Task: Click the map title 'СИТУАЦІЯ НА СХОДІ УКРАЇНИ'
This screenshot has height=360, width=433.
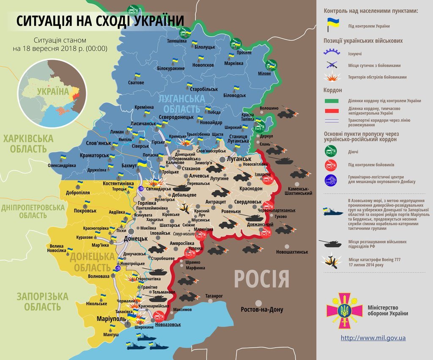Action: point(101,21)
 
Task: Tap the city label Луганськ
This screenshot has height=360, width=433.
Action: point(239,159)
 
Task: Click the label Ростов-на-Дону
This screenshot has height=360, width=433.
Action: point(262,310)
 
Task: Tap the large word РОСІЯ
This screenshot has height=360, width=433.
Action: point(262,279)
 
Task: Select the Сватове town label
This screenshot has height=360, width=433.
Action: point(136,82)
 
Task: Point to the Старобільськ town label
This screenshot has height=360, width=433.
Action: point(204,89)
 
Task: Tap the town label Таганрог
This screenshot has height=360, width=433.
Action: point(214,296)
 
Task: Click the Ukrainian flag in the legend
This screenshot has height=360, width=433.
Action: point(332,25)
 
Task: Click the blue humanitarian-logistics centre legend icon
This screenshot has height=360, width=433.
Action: point(331,179)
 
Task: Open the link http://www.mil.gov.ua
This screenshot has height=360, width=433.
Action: point(373,338)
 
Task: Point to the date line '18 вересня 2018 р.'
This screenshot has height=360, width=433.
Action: point(60,49)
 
